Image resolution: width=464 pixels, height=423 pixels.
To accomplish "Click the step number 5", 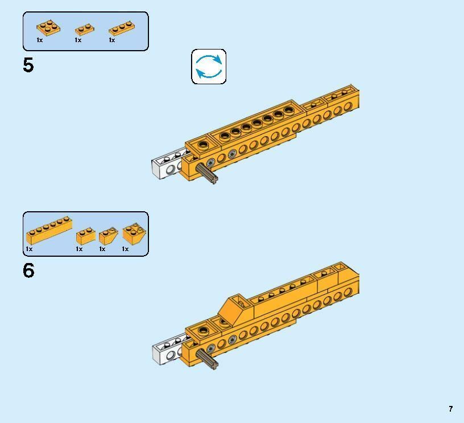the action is (28, 65).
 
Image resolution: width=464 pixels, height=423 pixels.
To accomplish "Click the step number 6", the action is (28, 270).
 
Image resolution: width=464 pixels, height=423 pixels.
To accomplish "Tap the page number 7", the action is (450, 409).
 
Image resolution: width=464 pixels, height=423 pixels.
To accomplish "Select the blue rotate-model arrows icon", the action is (209, 67).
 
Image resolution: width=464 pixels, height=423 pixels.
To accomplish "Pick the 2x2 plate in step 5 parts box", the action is (48, 27).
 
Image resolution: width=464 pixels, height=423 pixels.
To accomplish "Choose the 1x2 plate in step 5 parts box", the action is (85, 30).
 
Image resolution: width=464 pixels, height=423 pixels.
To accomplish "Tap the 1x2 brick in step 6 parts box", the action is (85, 236).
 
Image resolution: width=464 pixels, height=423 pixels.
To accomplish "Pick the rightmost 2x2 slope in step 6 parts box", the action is (134, 233).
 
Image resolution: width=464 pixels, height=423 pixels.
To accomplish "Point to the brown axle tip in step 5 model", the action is (213, 179).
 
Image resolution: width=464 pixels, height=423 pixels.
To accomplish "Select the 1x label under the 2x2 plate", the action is (40, 40).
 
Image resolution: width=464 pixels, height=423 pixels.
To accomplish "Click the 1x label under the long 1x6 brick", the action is (29, 249).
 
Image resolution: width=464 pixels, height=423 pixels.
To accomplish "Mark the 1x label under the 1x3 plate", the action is (112, 40).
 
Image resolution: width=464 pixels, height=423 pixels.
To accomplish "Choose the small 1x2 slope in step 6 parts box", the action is (108, 236).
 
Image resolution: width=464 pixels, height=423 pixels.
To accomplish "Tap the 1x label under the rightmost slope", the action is (125, 249).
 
